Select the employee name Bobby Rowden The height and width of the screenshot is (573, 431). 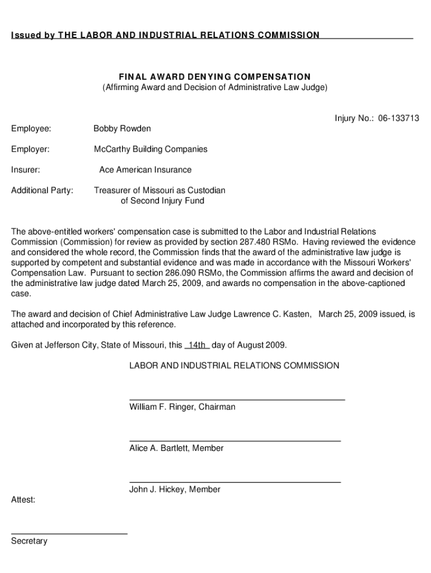pos(122,129)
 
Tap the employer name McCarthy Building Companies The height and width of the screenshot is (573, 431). pos(151,149)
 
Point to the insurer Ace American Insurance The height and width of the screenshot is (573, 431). pos(145,170)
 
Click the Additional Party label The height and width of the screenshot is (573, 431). pos(42,190)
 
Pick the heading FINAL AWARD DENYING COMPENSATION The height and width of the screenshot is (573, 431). pos(214,77)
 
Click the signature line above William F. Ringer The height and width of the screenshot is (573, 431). pos(237,400)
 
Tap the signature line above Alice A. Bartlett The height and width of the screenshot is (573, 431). pos(235,441)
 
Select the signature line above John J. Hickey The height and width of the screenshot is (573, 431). pos(235,482)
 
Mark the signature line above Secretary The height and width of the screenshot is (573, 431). pos(69,534)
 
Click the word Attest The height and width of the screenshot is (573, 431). pos(23,500)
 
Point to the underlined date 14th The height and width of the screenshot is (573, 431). pos(197,345)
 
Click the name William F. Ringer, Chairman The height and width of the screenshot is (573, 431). pos(182,407)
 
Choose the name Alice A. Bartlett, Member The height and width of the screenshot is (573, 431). pos(176,448)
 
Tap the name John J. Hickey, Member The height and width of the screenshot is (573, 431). pos(175,490)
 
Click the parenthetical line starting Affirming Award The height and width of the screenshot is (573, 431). pos(214,87)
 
